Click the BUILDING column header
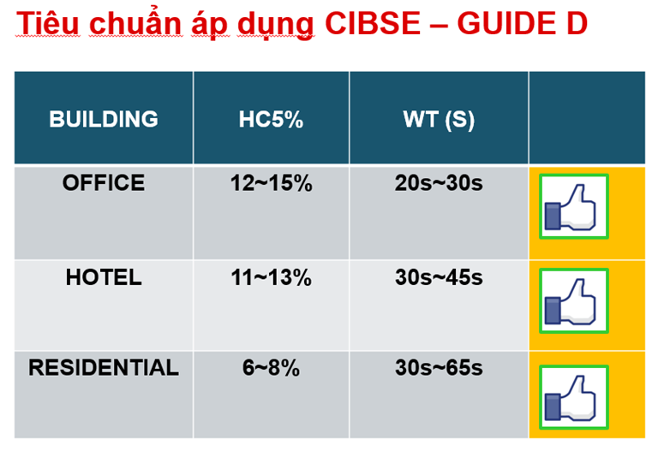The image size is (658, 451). click(x=104, y=119)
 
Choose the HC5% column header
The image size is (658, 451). click(x=271, y=119)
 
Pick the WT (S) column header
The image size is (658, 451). click(x=439, y=119)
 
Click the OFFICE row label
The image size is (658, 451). click(x=104, y=183)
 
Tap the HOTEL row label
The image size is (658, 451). click(x=104, y=277)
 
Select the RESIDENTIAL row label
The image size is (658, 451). click(x=104, y=368)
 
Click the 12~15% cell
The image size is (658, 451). click(x=271, y=183)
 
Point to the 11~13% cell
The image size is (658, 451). click(x=271, y=277)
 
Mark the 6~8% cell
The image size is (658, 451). click(x=271, y=368)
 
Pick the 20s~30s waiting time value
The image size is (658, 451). click(x=439, y=183)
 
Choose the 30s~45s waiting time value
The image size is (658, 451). click(x=439, y=277)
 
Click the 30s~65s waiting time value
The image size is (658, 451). click(x=439, y=368)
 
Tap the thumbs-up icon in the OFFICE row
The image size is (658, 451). click(x=573, y=206)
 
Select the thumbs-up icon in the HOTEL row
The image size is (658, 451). click(x=573, y=300)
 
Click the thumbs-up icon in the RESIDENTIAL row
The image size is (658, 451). click(x=573, y=396)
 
